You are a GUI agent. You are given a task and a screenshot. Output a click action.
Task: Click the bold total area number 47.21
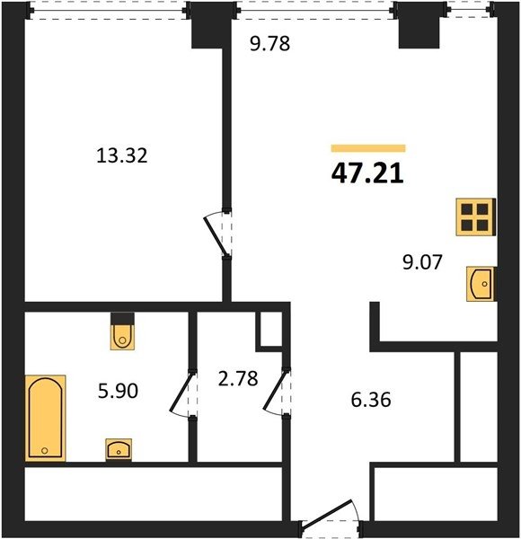(367, 173)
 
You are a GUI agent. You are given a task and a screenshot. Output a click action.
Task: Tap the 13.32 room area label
(122, 155)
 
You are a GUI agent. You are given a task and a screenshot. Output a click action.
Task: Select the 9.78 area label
(270, 44)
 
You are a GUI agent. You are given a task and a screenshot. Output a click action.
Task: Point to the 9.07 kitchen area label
(422, 262)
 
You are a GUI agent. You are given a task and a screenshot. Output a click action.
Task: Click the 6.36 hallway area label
(371, 400)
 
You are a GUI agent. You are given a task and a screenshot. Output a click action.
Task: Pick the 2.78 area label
(238, 378)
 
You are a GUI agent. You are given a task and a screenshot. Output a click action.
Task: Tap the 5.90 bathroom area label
(118, 391)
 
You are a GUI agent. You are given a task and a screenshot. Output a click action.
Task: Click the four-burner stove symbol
(476, 216)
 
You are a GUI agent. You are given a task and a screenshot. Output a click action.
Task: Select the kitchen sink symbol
(481, 284)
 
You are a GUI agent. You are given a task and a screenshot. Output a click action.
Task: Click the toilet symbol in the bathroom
(122, 331)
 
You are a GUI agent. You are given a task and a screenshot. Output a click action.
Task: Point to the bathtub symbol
(46, 418)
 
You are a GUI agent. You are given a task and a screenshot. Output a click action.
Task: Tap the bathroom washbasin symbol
(119, 450)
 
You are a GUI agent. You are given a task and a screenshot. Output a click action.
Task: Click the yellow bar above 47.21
(368, 148)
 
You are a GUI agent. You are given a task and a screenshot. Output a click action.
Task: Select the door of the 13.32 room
(218, 235)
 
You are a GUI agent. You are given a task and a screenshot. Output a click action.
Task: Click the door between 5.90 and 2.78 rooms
(184, 393)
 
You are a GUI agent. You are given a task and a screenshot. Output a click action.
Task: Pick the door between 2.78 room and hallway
(277, 393)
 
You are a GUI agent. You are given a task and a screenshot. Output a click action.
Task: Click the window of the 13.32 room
(109, 11)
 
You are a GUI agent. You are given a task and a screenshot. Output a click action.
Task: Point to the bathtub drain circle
(44, 450)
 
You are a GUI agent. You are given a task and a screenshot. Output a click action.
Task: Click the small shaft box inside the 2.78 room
(270, 330)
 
